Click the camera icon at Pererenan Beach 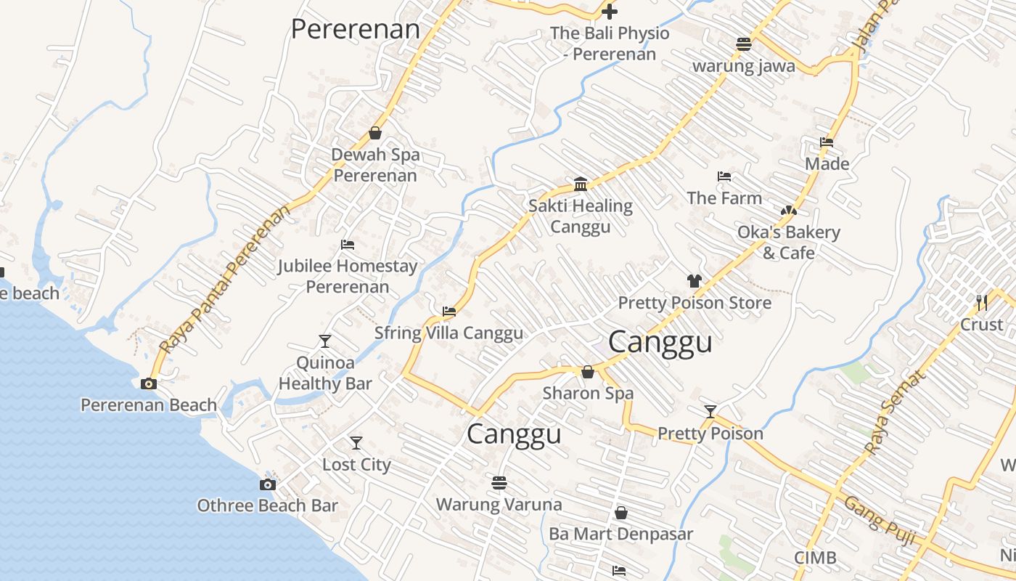(149, 383)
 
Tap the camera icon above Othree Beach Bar (268, 484)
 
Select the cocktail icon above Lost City (356, 442)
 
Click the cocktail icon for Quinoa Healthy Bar (324, 341)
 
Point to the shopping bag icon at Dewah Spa (375, 133)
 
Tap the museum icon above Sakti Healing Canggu (581, 184)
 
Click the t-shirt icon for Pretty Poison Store (694, 281)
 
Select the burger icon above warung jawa (743, 44)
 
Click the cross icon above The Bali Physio (610, 12)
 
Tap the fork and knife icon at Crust (982, 302)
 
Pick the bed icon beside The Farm (724, 176)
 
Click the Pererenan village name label (356, 30)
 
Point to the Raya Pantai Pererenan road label (224, 279)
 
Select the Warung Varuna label (499, 504)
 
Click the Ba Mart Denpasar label (620, 534)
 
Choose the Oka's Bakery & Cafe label (788, 243)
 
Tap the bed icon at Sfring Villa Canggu (449, 312)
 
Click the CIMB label (815, 558)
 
